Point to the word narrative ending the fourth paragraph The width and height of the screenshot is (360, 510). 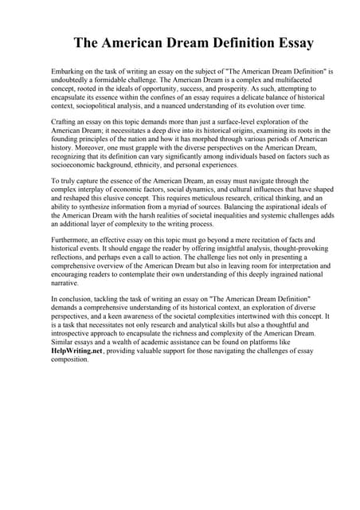point(66,281)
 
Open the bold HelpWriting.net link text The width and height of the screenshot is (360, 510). point(79,349)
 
